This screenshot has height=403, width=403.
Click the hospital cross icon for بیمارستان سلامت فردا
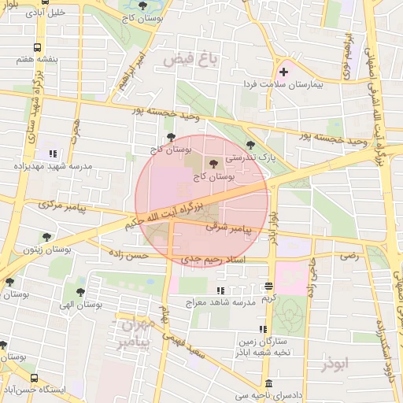coord(284,72)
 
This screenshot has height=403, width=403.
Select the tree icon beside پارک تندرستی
coord(250,145)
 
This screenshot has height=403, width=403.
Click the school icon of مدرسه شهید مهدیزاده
coord(53,153)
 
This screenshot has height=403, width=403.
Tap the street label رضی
coord(347,256)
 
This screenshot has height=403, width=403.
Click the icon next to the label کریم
coord(269,287)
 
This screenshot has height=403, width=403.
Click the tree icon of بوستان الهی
coord(79,290)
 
